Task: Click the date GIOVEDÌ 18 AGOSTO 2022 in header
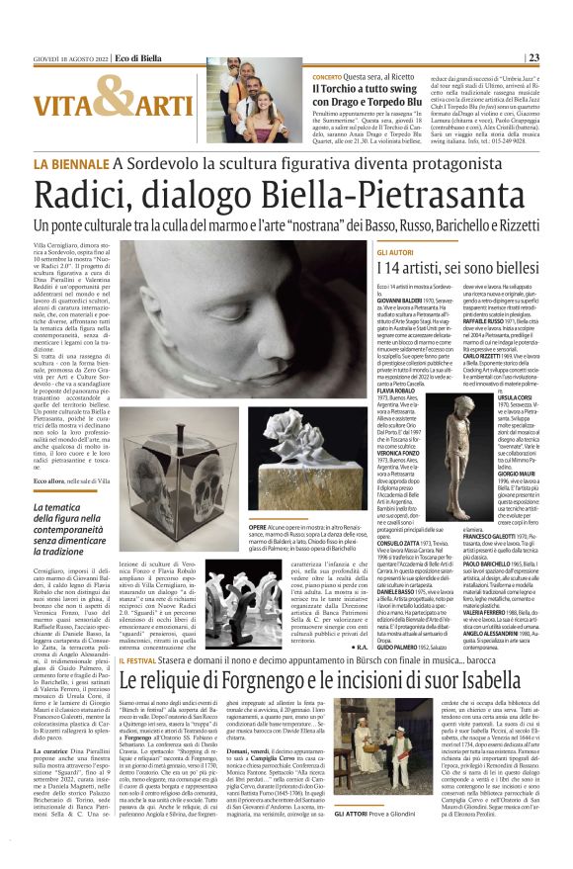pos(72,57)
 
